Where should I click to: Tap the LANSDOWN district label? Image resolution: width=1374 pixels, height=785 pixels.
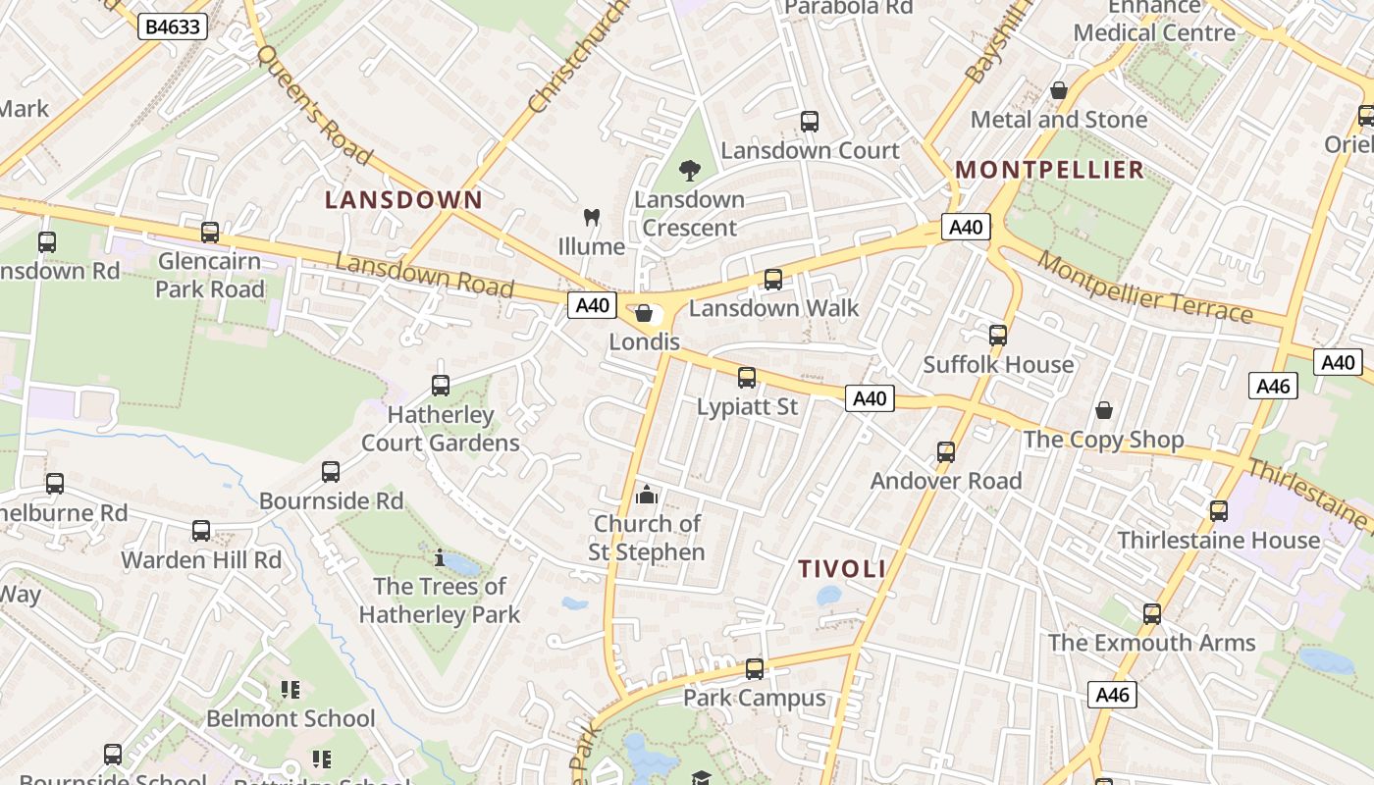coord(403,200)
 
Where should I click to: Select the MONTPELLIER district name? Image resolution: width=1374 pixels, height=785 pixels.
coord(1050,170)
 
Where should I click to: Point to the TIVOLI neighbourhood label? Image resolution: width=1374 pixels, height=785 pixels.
coord(842,569)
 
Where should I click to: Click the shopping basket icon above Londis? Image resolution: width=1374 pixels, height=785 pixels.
coord(644,313)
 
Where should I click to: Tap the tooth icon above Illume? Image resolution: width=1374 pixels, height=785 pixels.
coord(591,217)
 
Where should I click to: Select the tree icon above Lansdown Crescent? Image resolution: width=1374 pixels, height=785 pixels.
coord(690,170)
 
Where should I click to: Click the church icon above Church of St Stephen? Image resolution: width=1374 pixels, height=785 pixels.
coord(647,495)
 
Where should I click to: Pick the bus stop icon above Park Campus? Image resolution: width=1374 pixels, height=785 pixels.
coord(754,669)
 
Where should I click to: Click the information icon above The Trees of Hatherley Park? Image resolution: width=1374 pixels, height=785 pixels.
coord(440,558)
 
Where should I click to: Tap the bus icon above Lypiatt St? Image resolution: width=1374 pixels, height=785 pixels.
coord(747,378)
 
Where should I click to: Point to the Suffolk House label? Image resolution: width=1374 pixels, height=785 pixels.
coord(998,365)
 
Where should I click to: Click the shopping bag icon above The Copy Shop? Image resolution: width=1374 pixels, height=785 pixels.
coord(1104,410)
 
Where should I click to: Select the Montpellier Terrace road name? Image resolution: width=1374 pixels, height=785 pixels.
coord(1144,288)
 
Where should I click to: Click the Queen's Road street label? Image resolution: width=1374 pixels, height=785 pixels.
coord(313,105)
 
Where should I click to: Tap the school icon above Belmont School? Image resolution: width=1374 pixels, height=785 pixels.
coord(291,690)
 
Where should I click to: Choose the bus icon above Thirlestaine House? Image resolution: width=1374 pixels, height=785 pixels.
coord(1218,511)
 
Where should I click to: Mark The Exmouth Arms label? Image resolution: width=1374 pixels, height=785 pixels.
coord(1151,643)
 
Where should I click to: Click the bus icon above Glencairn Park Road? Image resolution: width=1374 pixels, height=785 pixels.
coord(210,233)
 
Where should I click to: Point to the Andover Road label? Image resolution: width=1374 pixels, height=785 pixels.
coord(946,481)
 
